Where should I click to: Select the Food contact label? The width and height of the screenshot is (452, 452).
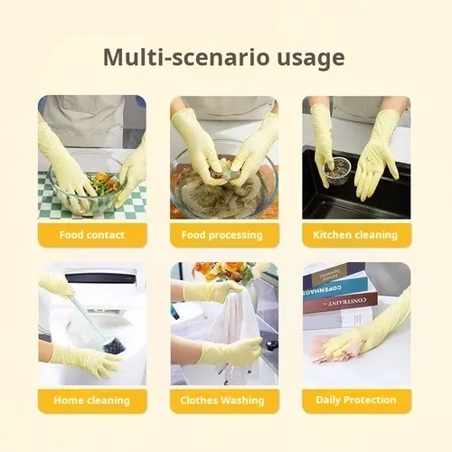point(92,235)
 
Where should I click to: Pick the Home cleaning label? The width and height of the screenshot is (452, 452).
point(92,400)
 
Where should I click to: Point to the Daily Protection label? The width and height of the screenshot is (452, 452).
point(357,400)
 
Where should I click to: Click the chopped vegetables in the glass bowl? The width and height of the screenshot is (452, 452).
point(103,183)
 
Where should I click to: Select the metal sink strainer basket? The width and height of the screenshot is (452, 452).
point(337,169)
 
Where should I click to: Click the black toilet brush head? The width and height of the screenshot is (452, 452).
point(114,347)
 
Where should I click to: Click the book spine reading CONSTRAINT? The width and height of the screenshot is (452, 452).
point(340,302)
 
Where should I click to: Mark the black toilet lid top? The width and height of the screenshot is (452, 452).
point(102,278)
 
